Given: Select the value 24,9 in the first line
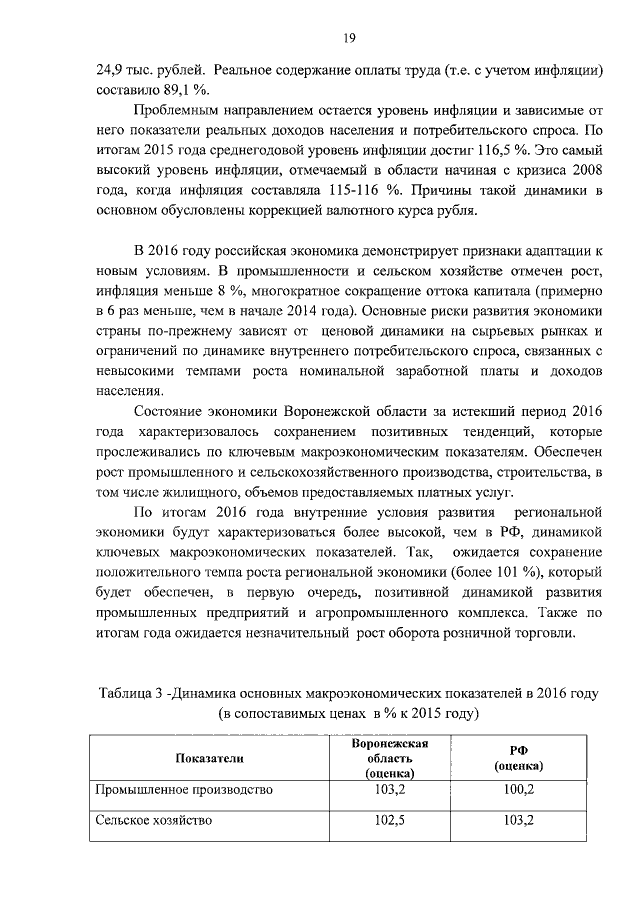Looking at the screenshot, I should coord(109,70).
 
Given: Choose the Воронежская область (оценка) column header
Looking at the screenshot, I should coord(389,759).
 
